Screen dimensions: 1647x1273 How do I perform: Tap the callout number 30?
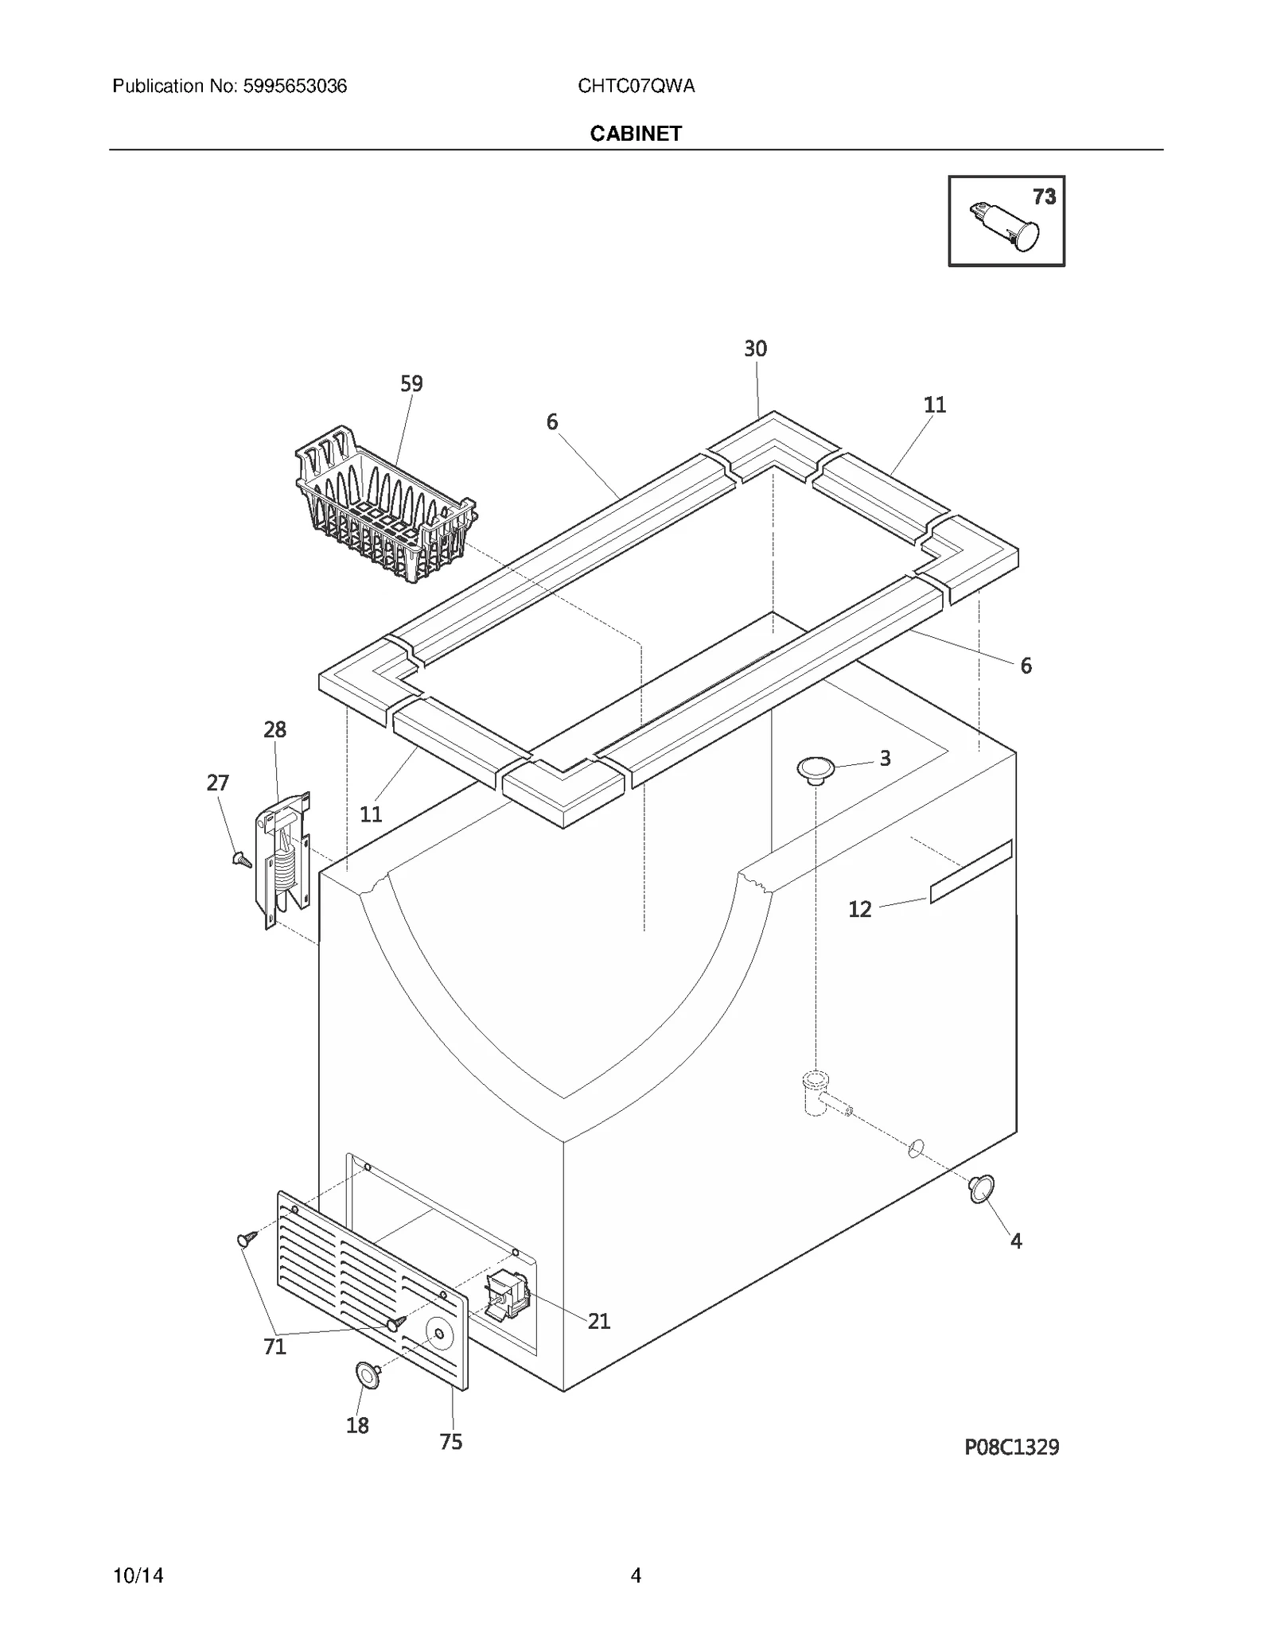[x=755, y=349]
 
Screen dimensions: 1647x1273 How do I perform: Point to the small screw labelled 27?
[x=241, y=859]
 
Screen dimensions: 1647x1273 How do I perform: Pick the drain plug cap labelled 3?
[x=816, y=769]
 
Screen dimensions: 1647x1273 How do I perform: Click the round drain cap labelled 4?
[x=982, y=1189]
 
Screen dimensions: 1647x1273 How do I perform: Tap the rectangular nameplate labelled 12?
[x=971, y=871]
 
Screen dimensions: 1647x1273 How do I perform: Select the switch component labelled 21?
[x=507, y=1295]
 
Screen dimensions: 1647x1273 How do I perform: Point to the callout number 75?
[x=451, y=1442]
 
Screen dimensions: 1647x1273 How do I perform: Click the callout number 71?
[x=274, y=1346]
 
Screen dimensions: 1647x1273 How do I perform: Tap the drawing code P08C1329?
[x=1011, y=1447]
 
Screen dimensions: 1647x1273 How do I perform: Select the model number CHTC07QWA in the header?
[x=636, y=87]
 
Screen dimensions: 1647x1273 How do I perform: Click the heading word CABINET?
[x=636, y=134]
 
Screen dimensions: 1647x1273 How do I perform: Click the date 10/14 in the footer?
[x=138, y=1575]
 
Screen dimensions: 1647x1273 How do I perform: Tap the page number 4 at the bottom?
[x=636, y=1575]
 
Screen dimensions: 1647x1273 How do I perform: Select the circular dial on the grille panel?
[x=438, y=1331]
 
